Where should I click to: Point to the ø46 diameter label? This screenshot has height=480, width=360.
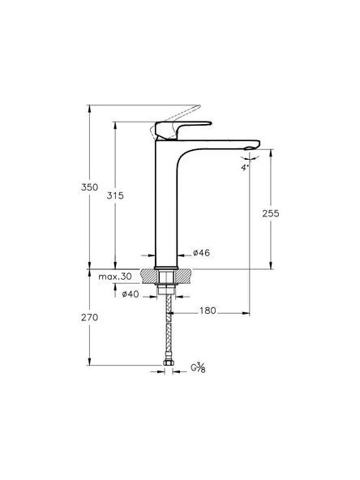pos(201,254)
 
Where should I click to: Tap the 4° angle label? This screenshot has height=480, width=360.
pos(244,167)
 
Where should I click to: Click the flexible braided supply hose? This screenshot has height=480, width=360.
pos(168,332)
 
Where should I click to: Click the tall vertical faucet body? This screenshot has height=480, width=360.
pos(165,211)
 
